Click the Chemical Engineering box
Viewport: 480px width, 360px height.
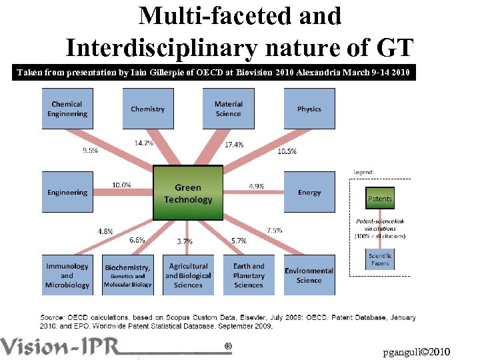67,109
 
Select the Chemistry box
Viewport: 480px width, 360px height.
147,109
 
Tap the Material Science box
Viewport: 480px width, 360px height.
228,109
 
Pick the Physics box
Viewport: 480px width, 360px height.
309,109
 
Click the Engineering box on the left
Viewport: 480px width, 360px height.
67,192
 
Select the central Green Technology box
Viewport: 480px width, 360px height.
188,193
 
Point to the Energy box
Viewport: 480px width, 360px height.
309,192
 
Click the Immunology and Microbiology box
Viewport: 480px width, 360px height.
67,275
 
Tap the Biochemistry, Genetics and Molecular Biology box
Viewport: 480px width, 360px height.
128,275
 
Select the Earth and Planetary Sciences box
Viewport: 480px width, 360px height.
249,275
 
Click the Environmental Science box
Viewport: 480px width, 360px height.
309,275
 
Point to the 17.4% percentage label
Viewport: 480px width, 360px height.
234,145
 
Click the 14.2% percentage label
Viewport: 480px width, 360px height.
143,143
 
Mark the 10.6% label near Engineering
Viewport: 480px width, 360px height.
121,185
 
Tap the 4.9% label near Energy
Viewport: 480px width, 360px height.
256,187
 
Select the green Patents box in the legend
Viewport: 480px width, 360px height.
380,198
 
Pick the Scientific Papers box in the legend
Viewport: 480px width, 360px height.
380,259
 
